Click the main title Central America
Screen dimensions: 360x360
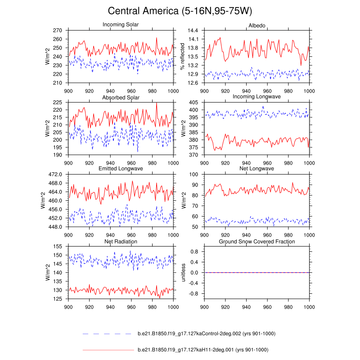180,11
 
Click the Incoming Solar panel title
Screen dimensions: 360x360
121,24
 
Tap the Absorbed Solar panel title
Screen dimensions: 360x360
121,97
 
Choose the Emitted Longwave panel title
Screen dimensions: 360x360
121,169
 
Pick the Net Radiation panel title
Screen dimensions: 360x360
121,242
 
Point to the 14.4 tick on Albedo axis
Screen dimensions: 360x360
193,30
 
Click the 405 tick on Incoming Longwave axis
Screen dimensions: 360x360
194,103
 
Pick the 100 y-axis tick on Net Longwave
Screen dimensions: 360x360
194,174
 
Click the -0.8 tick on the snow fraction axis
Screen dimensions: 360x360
193,294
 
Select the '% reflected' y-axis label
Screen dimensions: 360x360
183,57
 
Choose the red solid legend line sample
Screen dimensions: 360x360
108,350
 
